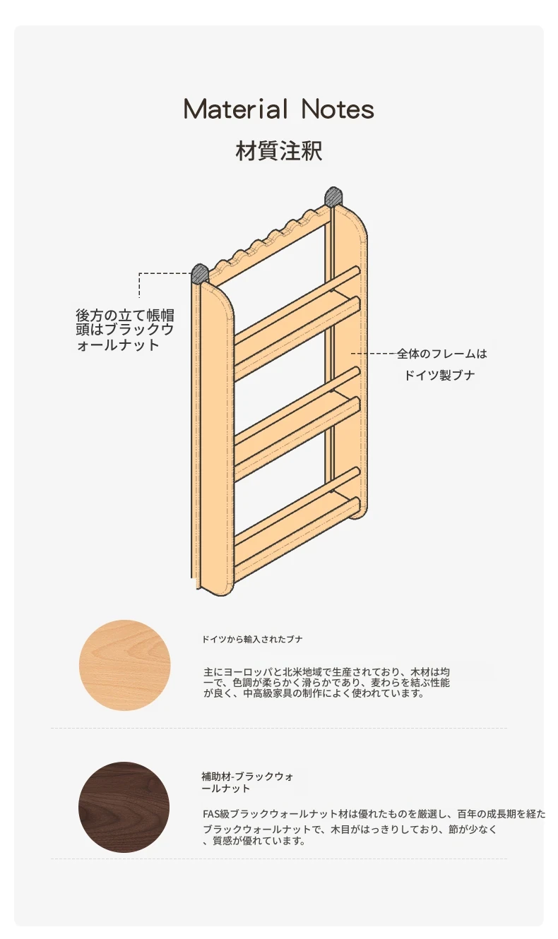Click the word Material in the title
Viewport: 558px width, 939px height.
(236, 109)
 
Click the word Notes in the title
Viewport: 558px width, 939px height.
(338, 109)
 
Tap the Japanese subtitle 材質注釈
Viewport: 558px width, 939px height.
(279, 151)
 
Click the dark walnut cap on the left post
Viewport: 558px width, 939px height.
(200, 273)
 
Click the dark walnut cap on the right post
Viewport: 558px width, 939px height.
(333, 196)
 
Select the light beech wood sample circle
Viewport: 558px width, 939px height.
(124, 665)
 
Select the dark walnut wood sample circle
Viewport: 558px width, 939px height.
(124, 807)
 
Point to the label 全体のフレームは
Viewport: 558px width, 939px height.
(442, 354)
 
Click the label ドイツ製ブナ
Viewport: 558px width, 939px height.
(439, 375)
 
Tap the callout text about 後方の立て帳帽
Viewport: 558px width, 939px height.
(125, 330)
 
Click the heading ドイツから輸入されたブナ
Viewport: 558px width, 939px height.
(252, 639)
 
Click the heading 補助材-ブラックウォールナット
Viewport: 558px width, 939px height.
(247, 782)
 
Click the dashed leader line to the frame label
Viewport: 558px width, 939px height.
(374, 354)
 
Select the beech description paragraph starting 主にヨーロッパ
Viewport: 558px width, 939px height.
(326, 683)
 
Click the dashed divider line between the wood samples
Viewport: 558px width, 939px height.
(279, 729)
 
